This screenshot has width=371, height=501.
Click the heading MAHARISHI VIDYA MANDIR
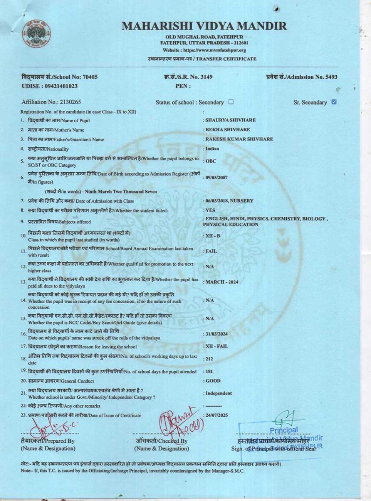point(204,26)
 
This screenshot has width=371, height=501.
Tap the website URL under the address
point(204,50)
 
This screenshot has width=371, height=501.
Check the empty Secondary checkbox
point(231,102)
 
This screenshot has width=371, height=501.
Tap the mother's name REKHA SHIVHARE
point(228,130)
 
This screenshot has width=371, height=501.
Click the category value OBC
point(211,161)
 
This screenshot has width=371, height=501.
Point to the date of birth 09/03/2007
point(217,177)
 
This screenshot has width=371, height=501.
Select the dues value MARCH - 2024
point(222,282)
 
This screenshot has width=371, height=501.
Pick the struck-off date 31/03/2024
point(217,334)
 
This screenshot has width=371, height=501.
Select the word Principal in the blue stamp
point(284,430)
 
